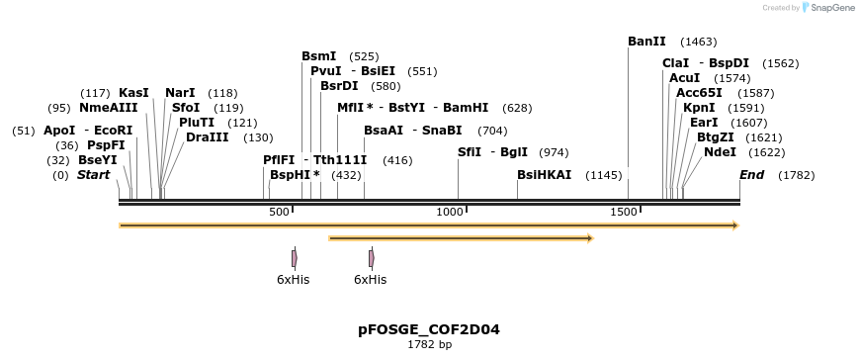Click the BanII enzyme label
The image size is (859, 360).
[x=646, y=42]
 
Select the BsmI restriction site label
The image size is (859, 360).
[x=319, y=56]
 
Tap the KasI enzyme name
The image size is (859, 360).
[x=133, y=93]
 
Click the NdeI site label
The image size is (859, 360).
[x=720, y=152]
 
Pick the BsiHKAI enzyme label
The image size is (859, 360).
[x=544, y=175]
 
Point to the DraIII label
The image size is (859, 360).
[x=208, y=137]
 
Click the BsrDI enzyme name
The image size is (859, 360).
[x=339, y=86]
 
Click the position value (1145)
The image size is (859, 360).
[x=604, y=175]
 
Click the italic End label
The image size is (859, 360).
[x=752, y=175]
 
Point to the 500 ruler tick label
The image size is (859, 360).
[x=279, y=212]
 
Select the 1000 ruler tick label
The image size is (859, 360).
[x=451, y=212]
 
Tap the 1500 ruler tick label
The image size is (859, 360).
[x=624, y=212]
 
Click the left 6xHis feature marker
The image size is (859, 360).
[x=294, y=258]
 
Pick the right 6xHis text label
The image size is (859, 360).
[x=370, y=280]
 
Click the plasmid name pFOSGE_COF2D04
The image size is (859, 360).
[x=429, y=328]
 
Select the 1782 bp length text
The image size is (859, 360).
[x=429, y=345]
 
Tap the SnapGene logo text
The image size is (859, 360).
[x=828, y=8]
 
